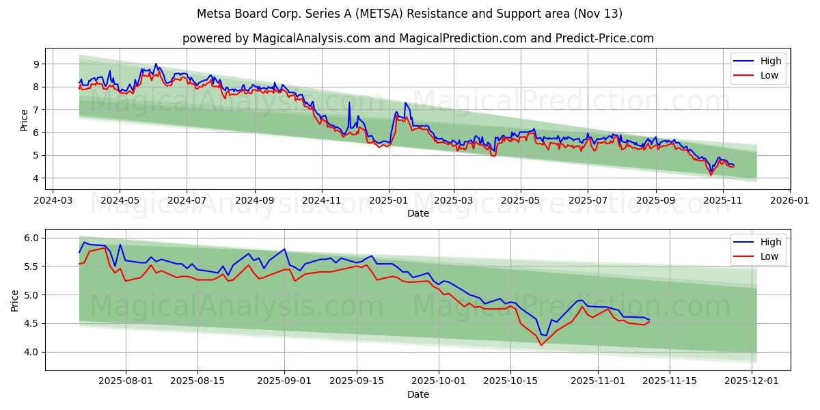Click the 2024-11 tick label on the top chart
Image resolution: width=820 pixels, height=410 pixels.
[321, 202]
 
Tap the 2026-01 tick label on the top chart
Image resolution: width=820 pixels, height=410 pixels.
[790, 202]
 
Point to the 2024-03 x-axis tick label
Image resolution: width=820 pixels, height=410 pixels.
[53, 202]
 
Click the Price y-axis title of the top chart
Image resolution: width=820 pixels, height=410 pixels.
[25, 120]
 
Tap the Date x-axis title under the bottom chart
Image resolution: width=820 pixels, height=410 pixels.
[418, 394]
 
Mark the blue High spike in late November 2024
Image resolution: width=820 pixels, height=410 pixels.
[349, 103]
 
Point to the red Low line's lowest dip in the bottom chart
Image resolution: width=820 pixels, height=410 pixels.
[541, 345]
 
